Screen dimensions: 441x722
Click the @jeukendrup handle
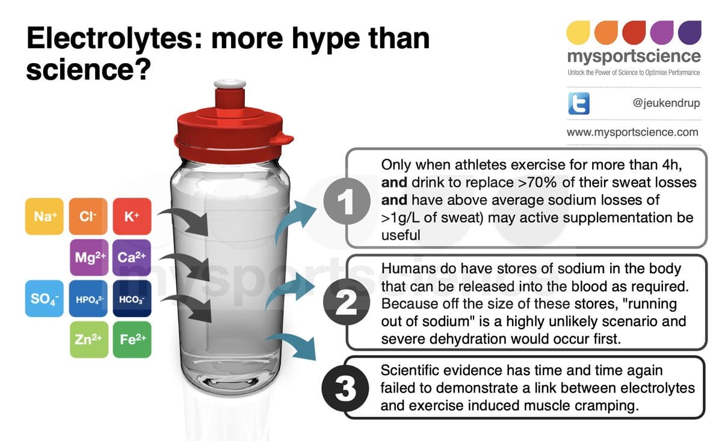[666, 103]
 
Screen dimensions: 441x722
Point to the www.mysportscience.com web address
[632, 132]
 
